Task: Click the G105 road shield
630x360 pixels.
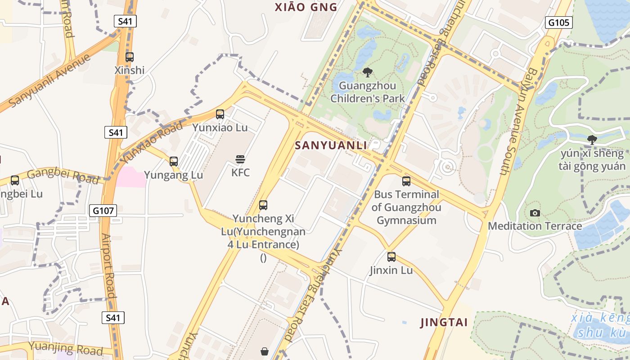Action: (x=558, y=22)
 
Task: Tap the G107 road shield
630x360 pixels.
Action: (x=103, y=210)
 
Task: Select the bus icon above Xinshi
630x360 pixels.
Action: (x=130, y=57)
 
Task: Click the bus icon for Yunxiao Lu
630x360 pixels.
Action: (x=220, y=114)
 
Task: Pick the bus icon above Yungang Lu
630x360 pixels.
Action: (x=174, y=161)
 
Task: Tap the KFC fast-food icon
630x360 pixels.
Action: (x=240, y=159)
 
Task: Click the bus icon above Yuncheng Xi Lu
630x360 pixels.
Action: (x=263, y=205)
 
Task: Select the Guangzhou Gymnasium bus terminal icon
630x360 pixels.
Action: (x=406, y=181)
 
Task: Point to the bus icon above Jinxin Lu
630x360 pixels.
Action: (x=391, y=257)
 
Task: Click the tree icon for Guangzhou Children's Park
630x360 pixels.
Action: (x=368, y=72)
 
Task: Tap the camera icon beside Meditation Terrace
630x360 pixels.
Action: (x=535, y=213)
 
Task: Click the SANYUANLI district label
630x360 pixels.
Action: (x=331, y=145)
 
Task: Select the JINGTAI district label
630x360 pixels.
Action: (x=444, y=322)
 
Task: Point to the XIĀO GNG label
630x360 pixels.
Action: (x=306, y=7)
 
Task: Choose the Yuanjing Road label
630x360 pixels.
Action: (x=66, y=348)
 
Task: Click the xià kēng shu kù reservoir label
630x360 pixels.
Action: (x=600, y=325)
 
